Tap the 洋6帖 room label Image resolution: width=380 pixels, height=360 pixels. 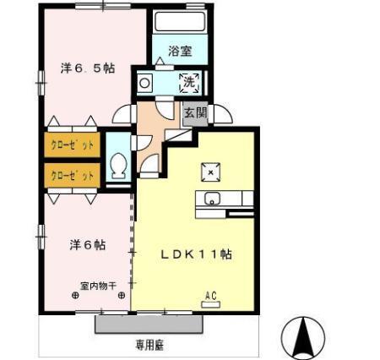coord(87,245)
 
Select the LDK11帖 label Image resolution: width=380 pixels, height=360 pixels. coord(198,254)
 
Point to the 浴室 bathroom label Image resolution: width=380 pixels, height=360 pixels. coord(179,52)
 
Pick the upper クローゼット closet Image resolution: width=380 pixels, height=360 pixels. coord(72,145)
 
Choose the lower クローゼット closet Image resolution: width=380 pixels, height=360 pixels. coord(72,176)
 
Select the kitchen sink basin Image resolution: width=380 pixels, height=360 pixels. coord(211,199)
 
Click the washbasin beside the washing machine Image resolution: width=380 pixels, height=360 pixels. coord(145,83)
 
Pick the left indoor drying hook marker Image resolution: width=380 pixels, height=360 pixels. coord(74,295)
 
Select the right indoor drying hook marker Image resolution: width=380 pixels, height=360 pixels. coord(122,295)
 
